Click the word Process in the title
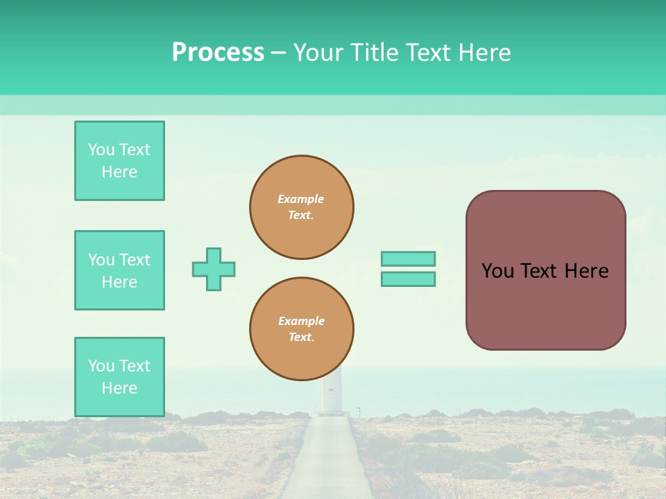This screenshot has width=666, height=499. (x=218, y=53)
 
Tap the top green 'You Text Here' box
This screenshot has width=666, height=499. (x=119, y=161)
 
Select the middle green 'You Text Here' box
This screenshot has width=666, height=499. (x=119, y=270)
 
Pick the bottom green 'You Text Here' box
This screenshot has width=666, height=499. (x=119, y=377)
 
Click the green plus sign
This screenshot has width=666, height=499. (x=214, y=269)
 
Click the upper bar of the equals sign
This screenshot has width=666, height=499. (x=408, y=259)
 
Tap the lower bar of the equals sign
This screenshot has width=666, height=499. (x=408, y=279)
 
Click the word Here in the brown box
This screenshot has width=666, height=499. (x=586, y=271)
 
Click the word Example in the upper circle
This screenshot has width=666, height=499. (x=301, y=199)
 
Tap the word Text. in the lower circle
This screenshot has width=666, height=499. (x=301, y=338)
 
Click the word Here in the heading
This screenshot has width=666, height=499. (x=484, y=53)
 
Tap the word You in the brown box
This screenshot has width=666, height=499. (x=497, y=271)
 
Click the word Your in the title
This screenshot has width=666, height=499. (x=318, y=53)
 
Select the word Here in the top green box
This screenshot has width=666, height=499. (x=119, y=172)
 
